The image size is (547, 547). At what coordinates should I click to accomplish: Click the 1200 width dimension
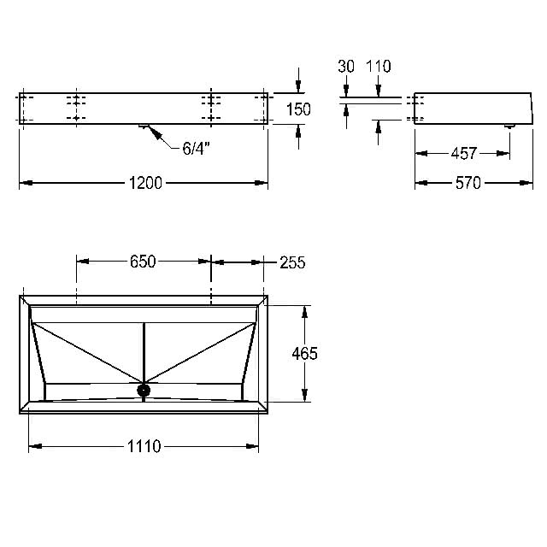[x=145, y=183]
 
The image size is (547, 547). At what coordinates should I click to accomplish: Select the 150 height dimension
[x=298, y=109]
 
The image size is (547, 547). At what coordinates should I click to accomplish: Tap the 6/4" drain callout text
[x=196, y=149]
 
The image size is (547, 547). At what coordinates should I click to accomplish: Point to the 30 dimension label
[x=346, y=67]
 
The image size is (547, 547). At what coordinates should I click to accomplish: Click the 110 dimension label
[x=379, y=67]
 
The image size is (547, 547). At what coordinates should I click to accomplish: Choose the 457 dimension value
[x=463, y=154]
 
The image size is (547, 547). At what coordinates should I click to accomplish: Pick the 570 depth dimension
[x=468, y=183]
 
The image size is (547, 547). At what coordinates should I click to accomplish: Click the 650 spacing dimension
[x=143, y=262]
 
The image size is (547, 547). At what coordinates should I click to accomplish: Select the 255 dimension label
[x=292, y=262]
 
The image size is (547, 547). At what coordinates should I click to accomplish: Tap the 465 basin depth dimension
[x=304, y=354]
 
